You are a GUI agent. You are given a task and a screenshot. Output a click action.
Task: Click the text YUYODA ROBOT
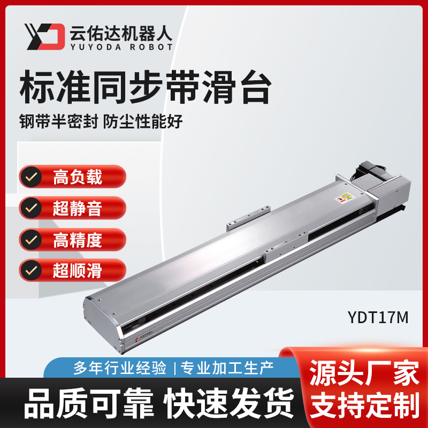pos(121,47)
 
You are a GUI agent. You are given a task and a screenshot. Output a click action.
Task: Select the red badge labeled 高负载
pos(73,176)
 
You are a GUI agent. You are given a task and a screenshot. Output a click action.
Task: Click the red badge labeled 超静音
pos(73,208)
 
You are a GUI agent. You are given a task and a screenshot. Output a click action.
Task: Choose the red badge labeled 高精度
pos(73,239)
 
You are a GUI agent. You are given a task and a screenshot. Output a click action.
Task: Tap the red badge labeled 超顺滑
pos(73,270)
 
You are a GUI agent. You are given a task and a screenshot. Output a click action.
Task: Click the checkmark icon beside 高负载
pos(33,177)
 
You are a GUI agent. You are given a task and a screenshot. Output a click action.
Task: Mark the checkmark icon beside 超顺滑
pos(33,271)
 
